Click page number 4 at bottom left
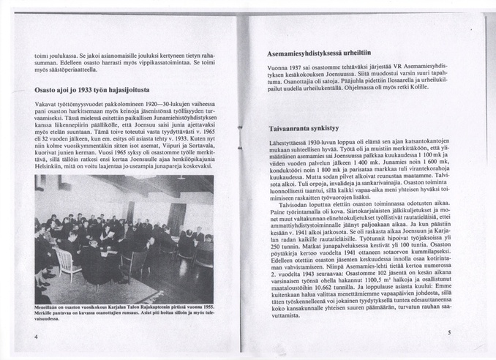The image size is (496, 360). (x=36, y=337)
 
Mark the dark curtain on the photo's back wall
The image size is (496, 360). (x=176, y=220)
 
